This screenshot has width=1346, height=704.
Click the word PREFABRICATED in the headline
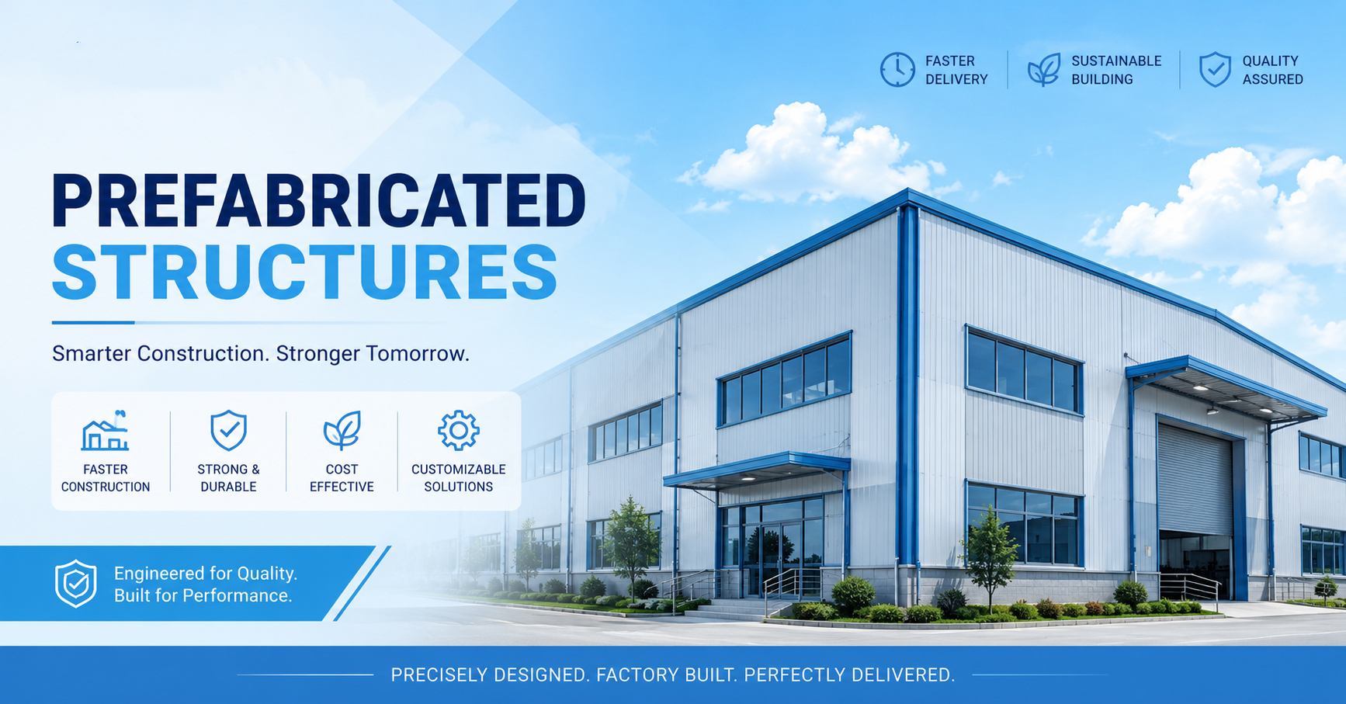coord(318,201)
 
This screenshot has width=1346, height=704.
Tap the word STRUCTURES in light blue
coord(305,272)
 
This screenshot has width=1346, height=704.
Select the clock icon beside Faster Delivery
coord(897,70)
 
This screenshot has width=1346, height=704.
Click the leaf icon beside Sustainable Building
coord(1044,70)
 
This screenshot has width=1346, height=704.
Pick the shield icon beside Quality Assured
coord(1215,70)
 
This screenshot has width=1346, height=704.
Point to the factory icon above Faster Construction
coord(106,431)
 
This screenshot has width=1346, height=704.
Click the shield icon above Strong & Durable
coord(228,431)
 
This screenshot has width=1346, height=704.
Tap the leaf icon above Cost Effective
coord(342,431)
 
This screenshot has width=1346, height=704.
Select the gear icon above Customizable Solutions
coord(459,431)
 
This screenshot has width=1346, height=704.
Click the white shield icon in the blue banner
coord(76,584)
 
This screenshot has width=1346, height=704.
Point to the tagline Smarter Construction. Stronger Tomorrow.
coord(261,354)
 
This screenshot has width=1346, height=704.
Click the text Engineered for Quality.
coord(206,574)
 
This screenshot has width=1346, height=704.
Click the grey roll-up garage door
coord(1195,477)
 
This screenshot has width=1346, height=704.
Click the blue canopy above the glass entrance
coord(757,470)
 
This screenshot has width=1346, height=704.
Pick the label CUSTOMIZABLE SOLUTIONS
coord(459,478)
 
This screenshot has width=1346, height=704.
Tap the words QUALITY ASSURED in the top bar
coord(1273,70)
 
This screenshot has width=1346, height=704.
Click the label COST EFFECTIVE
coord(342,478)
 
